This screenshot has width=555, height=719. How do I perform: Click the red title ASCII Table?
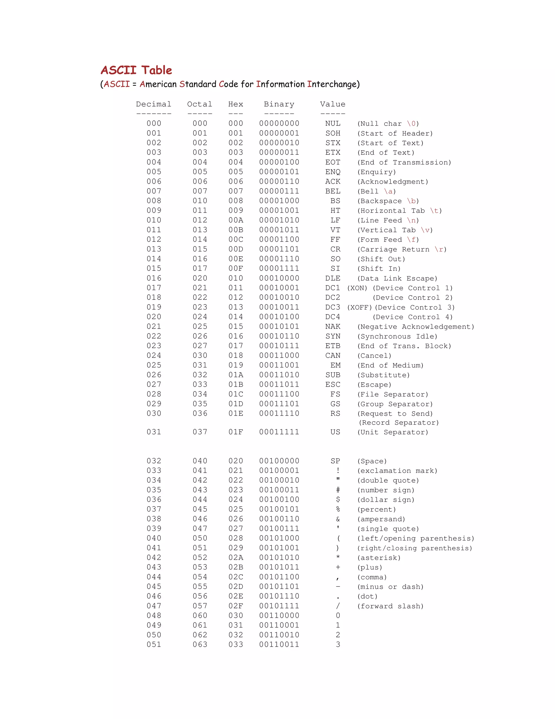pyautogui.click(x=136, y=70)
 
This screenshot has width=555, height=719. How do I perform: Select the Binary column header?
pyautogui.click(x=279, y=104)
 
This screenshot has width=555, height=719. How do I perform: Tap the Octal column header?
pyautogui.click(x=199, y=104)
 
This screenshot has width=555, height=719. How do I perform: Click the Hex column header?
pyautogui.click(x=236, y=104)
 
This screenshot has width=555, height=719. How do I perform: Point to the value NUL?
pyautogui.click(x=333, y=123)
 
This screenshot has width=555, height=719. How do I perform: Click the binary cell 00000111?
pyautogui.click(x=279, y=191)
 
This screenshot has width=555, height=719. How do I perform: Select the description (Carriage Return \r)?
pyautogui.click(x=402, y=249)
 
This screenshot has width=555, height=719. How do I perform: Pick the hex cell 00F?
pyautogui.click(x=236, y=269)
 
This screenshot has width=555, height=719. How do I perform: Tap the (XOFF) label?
pyautogui.click(x=359, y=307)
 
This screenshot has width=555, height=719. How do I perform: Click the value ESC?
pyautogui.click(x=333, y=384)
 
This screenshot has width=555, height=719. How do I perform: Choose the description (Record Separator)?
pyautogui.click(x=398, y=423)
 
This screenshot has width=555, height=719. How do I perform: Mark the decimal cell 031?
pyautogui.click(x=154, y=432)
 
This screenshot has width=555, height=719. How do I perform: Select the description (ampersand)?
pyautogui.click(x=381, y=519)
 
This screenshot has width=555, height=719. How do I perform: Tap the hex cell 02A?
pyautogui.click(x=236, y=558)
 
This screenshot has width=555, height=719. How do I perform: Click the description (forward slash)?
pyautogui.click(x=390, y=606)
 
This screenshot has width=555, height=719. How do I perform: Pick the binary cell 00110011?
pyautogui.click(x=279, y=645)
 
